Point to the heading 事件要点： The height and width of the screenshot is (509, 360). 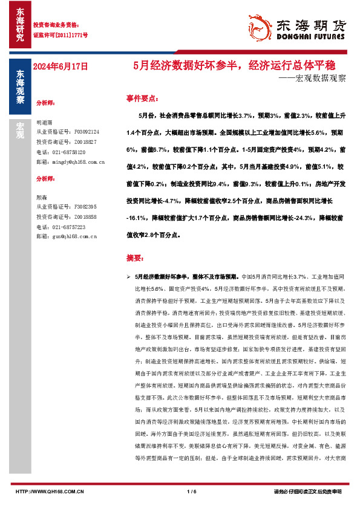142,97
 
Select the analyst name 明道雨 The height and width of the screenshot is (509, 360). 44,122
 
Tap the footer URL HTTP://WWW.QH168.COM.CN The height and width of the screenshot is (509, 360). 48,491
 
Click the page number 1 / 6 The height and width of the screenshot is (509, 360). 192,491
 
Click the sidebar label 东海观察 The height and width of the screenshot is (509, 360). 19,88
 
